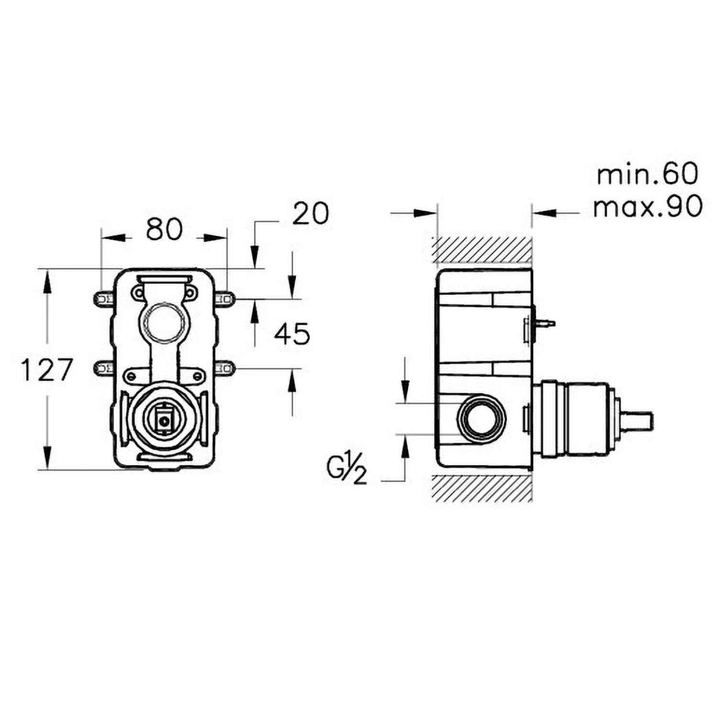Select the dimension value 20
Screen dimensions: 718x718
(x=311, y=213)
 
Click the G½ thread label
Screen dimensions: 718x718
(x=348, y=471)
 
